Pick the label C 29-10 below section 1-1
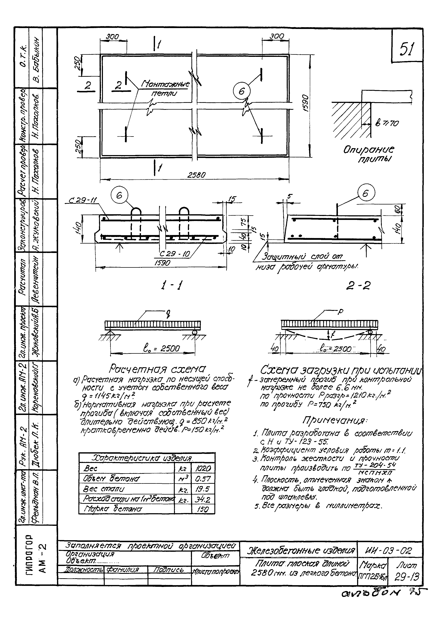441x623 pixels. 175,254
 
